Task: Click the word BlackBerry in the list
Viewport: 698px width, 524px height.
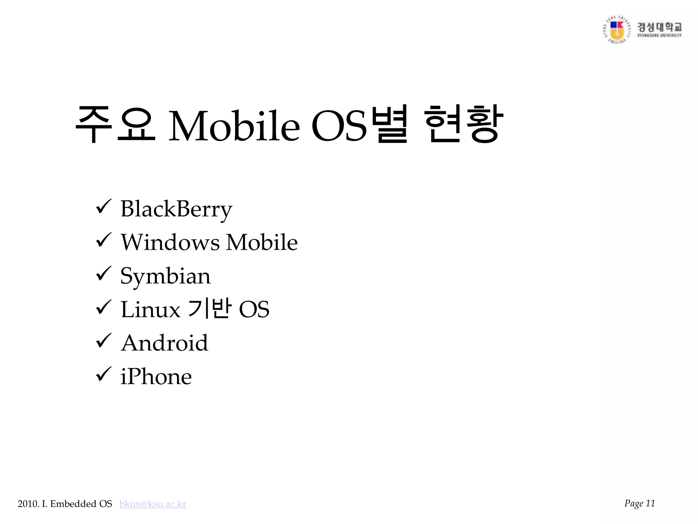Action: pos(176,209)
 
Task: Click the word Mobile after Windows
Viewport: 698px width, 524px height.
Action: pos(262,242)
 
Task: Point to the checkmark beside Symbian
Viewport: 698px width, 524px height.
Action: pos(103,274)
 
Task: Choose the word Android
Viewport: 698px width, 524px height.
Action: pos(164,343)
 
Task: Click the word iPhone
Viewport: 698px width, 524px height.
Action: pos(156,377)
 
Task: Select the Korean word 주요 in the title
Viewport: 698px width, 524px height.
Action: pos(115,125)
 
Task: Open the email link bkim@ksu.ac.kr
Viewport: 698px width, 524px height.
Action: pos(153,504)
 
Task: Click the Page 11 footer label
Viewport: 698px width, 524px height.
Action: pos(639,503)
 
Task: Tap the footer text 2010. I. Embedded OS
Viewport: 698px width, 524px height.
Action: pos(65,504)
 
